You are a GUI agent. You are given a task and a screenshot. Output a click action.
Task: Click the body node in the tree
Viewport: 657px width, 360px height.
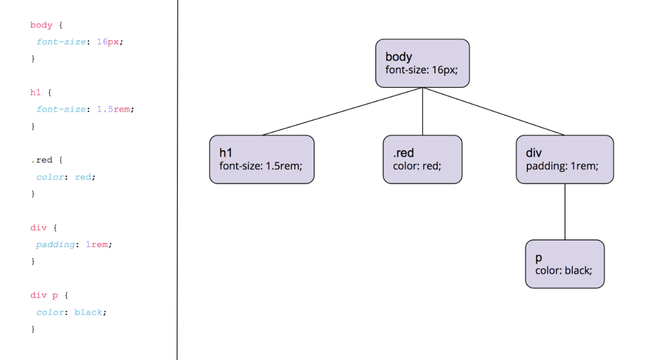point(422,63)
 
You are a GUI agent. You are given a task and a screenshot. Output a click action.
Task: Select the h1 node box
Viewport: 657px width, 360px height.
point(262,159)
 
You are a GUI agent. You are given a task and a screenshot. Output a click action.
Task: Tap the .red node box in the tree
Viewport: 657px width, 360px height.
point(422,159)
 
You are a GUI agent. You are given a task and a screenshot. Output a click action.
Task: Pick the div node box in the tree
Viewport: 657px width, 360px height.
point(565,159)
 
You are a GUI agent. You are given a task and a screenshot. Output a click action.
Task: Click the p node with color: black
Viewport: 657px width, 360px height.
point(565,264)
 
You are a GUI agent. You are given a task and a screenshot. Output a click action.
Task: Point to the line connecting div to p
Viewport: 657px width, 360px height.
point(565,212)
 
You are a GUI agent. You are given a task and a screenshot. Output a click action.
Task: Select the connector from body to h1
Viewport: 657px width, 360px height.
point(343,112)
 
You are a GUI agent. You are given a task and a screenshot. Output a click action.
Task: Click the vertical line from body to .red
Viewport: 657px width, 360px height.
point(422,111)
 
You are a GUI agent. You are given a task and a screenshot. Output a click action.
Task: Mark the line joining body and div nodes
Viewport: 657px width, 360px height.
point(493,111)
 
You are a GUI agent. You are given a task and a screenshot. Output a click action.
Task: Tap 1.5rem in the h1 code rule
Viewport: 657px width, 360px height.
point(115,109)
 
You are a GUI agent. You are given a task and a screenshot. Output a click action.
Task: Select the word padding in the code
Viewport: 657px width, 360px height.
point(55,244)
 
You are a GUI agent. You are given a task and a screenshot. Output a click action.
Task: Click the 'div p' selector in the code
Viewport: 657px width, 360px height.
point(44,295)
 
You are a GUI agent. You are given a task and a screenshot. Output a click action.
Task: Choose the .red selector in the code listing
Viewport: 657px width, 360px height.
point(41,160)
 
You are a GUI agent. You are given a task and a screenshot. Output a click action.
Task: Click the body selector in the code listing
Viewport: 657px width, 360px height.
point(41,25)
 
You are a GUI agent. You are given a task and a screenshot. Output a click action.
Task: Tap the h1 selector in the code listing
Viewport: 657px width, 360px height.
point(35,92)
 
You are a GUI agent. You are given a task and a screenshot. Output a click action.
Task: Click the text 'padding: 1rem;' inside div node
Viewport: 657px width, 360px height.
point(562,166)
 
